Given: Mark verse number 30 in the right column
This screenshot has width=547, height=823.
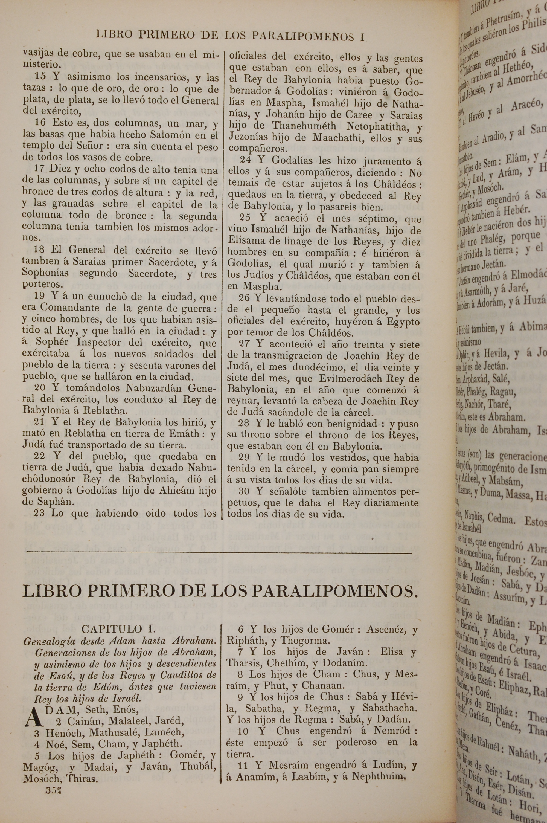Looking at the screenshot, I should click(x=246, y=492).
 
